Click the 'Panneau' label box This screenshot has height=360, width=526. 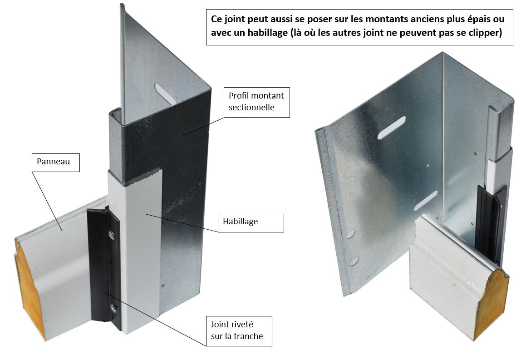point(56,163)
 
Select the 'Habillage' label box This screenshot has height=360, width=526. point(251,223)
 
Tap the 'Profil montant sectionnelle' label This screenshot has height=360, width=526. point(256,102)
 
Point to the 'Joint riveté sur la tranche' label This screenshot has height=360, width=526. point(239,331)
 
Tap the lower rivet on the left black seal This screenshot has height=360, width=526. point(113,308)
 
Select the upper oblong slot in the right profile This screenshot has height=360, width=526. point(392,128)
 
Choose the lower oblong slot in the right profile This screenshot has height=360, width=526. point(426,201)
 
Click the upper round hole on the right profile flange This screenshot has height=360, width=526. point(350,234)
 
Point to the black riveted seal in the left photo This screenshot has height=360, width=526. point(104,268)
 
